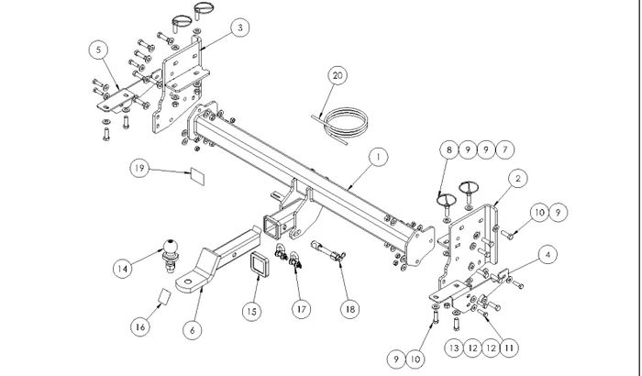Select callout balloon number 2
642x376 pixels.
(518, 178)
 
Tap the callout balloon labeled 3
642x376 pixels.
(239, 29)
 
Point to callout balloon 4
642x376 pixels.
(546, 252)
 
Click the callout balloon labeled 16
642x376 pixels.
(141, 326)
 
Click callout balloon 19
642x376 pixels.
(139, 169)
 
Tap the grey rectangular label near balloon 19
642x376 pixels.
(196, 172)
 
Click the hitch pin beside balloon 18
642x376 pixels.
(328, 251)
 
